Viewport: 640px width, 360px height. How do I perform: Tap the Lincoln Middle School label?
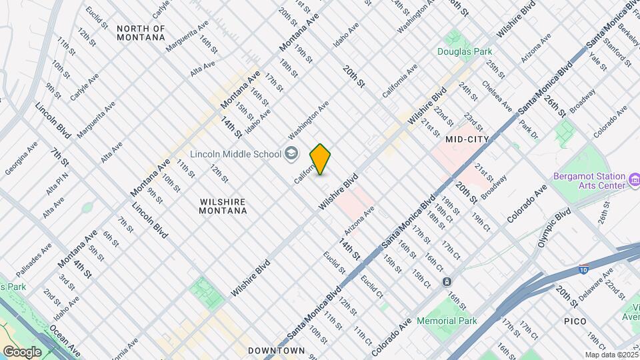(x=235, y=154)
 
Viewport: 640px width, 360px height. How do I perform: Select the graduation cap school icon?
(x=290, y=154)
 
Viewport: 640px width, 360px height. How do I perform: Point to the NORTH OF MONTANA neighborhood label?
(x=141, y=33)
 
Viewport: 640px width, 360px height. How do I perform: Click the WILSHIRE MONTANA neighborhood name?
(x=223, y=206)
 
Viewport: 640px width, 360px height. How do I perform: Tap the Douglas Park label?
(x=465, y=51)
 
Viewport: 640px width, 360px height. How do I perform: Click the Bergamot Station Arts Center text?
(x=590, y=181)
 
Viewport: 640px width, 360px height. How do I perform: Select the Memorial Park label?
(x=447, y=321)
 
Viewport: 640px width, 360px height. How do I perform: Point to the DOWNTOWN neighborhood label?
(x=276, y=350)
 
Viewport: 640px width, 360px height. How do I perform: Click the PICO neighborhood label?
(x=575, y=321)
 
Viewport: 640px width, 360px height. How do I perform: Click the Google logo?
(x=22, y=351)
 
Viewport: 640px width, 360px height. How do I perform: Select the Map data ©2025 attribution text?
(x=611, y=355)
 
